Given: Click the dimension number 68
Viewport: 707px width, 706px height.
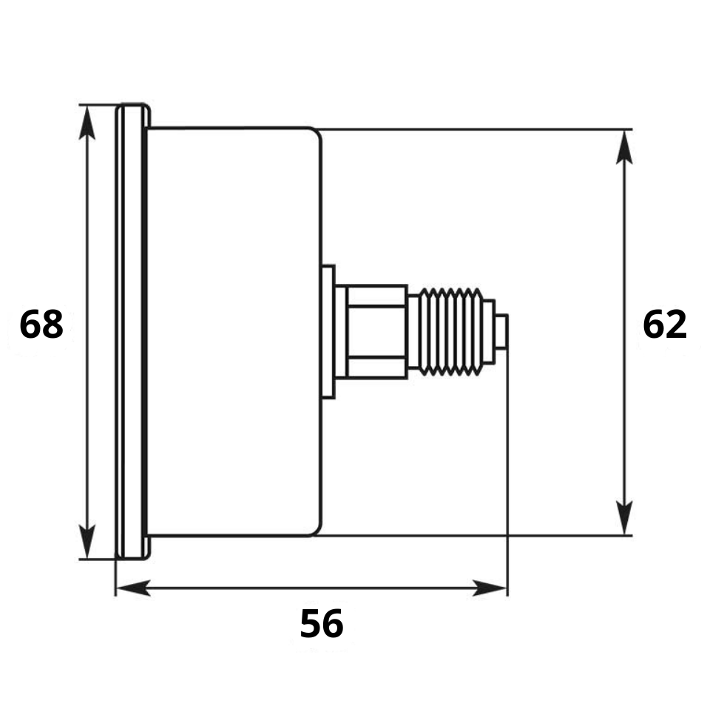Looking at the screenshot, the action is [41, 324].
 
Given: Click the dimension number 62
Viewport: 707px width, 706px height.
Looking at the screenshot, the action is [665, 324].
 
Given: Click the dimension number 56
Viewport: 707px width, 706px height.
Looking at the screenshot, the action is [322, 623].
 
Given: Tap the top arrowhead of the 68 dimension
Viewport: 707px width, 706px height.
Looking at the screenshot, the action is [87, 123].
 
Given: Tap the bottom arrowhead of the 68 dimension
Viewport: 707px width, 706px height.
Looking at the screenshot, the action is [87, 541].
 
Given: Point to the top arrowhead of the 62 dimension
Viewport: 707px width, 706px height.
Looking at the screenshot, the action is [624, 147].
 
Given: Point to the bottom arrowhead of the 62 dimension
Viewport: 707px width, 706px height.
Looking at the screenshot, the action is [624, 517].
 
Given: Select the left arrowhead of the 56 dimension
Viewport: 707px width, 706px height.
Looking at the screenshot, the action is [133, 588].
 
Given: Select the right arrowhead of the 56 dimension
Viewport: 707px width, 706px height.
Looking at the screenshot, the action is [490, 588].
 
